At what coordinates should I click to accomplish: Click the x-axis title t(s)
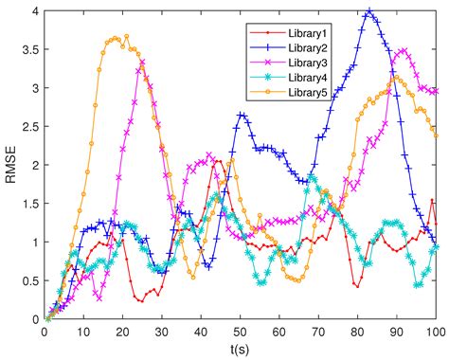tap(240, 350)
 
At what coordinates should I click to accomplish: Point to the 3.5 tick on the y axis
tap(27, 49)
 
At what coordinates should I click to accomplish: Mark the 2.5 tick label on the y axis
tap(27, 126)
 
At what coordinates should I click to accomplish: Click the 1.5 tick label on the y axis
tap(27, 204)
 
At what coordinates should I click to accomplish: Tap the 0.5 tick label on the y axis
tap(27, 281)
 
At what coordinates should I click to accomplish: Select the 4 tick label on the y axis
tap(34, 10)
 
